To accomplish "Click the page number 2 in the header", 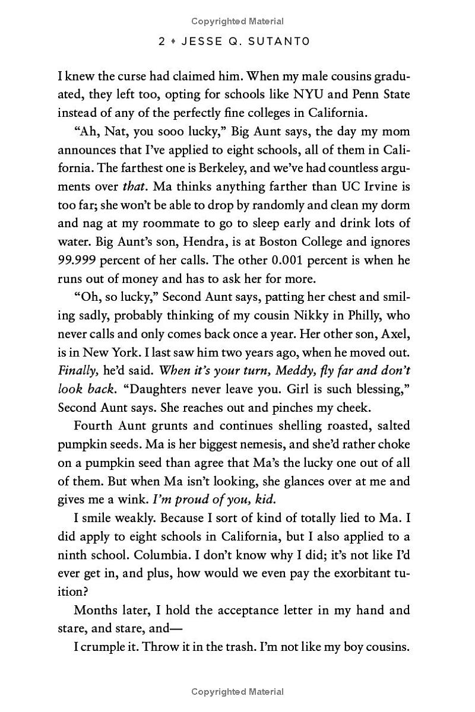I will pyautogui.click(x=162, y=42).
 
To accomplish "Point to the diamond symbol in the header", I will pyautogui.click(x=176, y=42).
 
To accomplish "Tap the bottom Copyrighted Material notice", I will pyautogui.click(x=237, y=691).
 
